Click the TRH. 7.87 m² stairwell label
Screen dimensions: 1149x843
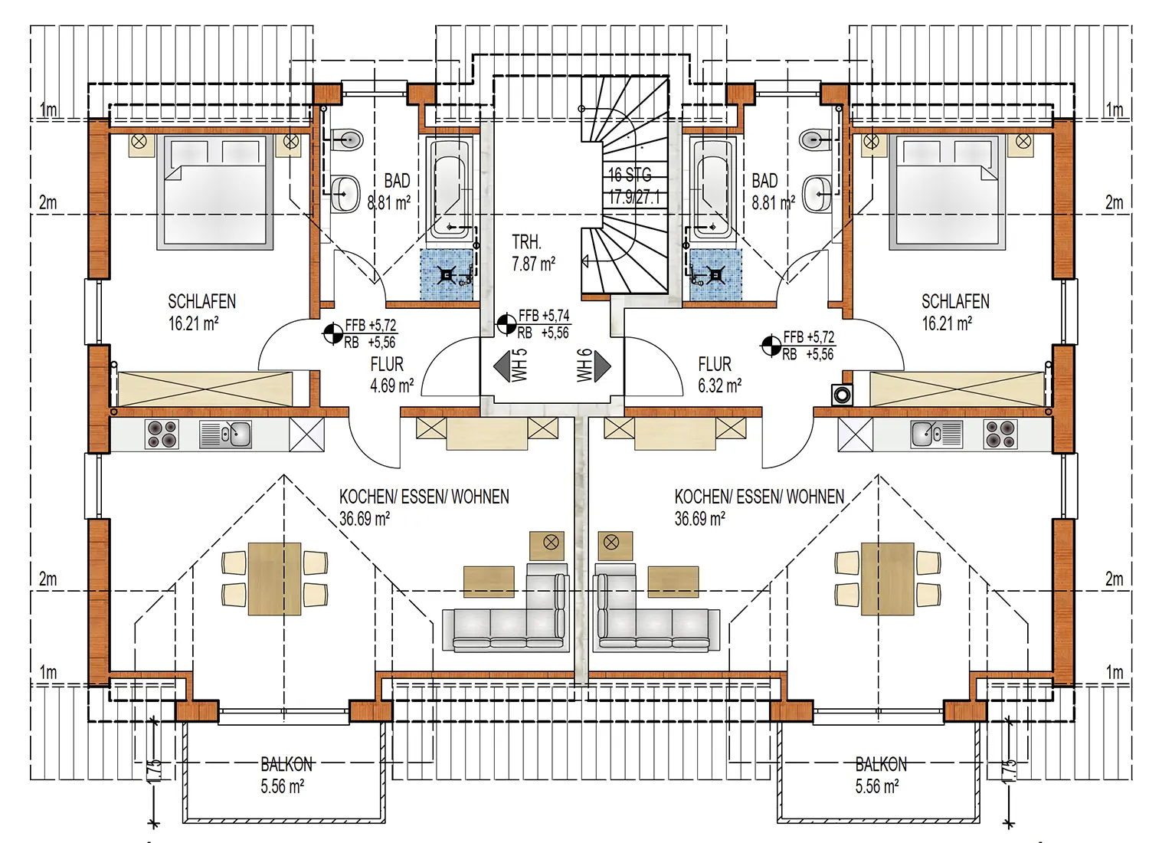tap(533, 253)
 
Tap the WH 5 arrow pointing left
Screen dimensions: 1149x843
tap(502, 366)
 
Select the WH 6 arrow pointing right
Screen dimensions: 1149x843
tap(602, 366)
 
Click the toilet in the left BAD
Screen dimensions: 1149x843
tap(347, 139)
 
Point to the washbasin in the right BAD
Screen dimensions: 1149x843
tap(817, 194)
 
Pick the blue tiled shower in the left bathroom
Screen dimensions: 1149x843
tap(447, 274)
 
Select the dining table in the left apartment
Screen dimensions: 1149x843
tap(274, 579)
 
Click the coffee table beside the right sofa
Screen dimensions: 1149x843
tap(673, 582)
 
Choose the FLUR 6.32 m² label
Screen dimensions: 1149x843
tap(719, 375)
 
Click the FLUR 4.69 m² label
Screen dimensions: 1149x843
tap(391, 375)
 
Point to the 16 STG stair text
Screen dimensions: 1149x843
tap(630, 175)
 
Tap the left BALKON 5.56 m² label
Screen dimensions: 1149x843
tap(286, 776)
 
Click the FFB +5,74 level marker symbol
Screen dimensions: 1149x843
tap(506, 323)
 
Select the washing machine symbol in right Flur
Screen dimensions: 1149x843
tap(842, 395)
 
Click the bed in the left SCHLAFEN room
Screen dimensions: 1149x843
tap(214, 192)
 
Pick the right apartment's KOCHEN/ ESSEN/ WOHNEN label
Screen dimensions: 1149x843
tap(759, 507)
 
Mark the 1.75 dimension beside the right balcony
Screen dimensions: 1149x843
tap(1009, 769)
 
